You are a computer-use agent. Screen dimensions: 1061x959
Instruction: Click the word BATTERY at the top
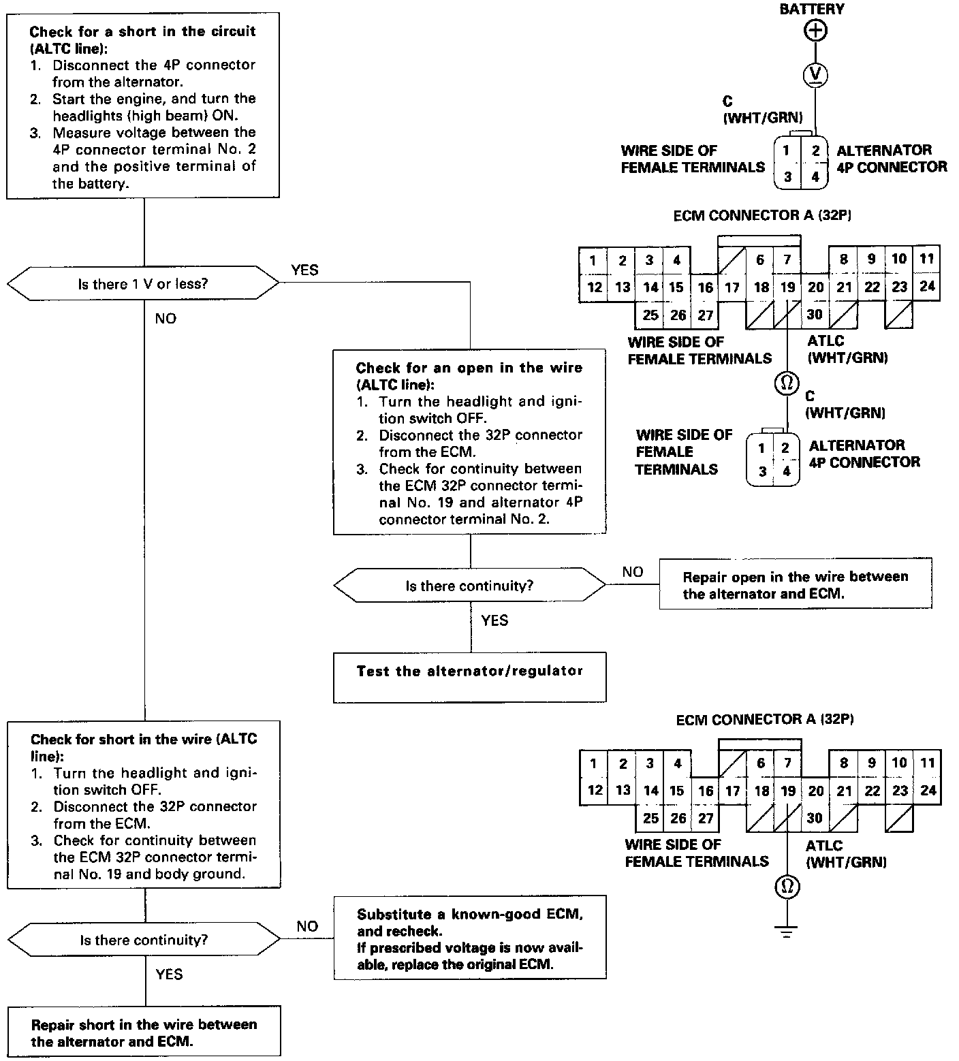pos(811,10)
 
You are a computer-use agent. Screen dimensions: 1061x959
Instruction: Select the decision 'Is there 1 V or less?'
pos(143,284)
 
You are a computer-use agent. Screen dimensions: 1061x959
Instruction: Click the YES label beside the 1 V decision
pos(304,270)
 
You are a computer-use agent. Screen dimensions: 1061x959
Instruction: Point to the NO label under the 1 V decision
pos(165,319)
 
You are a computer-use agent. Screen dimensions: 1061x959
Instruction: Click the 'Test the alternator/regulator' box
pos(469,677)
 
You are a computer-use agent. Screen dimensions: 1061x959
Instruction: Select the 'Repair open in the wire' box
pos(795,584)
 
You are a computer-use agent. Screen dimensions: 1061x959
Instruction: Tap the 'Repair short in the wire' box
pos(144,1032)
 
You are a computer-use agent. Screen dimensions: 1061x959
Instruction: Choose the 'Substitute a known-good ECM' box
pos(469,937)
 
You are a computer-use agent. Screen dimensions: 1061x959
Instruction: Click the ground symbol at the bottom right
pos(787,931)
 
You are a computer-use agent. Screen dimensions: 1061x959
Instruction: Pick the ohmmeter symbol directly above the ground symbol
pos(787,887)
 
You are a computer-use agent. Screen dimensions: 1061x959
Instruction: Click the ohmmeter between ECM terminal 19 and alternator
pos(787,383)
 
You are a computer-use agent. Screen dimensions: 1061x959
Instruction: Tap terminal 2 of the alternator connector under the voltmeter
pos(815,151)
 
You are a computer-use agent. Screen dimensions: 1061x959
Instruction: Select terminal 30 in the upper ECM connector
pos(815,315)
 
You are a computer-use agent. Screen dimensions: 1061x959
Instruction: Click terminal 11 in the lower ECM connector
pos(927,763)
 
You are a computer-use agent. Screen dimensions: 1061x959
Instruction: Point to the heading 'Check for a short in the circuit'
pos(143,31)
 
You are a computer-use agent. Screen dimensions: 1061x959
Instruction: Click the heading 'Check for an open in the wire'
pos(469,368)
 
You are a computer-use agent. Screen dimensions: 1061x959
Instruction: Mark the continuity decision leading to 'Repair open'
pos(469,585)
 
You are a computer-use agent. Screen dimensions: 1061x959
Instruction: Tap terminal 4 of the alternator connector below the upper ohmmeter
pos(787,471)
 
